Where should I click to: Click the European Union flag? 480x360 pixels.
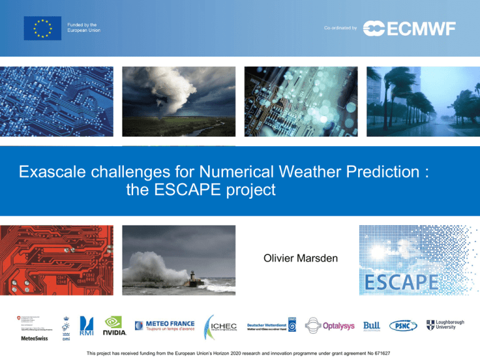coord(42,28)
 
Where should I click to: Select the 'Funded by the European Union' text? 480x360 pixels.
coord(84,27)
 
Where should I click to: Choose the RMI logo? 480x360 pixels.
coord(87,327)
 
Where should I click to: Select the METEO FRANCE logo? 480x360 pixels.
coord(165,324)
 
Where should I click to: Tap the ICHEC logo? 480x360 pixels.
coord(218,326)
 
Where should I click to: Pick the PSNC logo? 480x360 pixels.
coord(404,326)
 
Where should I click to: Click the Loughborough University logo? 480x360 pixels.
coord(447,325)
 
